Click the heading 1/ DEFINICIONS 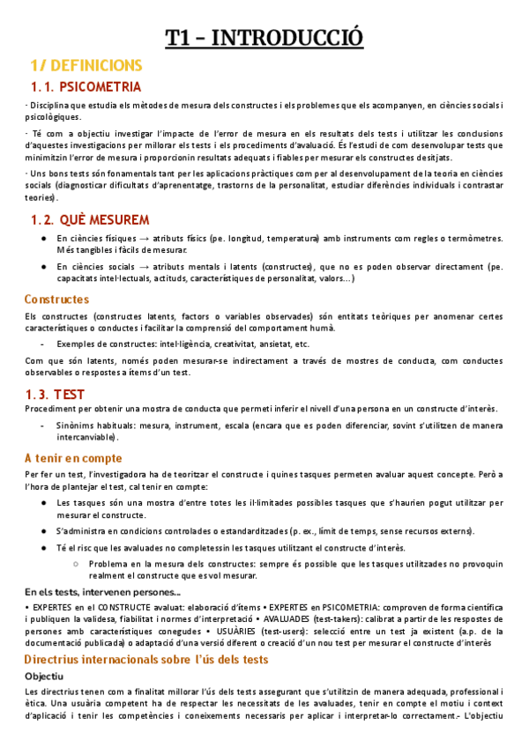pos(86,66)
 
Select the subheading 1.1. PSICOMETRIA pos(85,86)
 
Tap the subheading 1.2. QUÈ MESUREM pos(89,218)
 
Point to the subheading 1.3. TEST pos(57,394)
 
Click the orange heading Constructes pos(56,300)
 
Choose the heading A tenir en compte pos(73,458)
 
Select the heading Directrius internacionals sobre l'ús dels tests pos(146,659)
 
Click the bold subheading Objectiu pos(44,676)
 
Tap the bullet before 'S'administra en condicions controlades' pos(45,530)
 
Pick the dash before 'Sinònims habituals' pos(44,425)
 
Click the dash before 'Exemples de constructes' pos(44,344)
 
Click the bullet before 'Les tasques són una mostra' pos(45,503)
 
